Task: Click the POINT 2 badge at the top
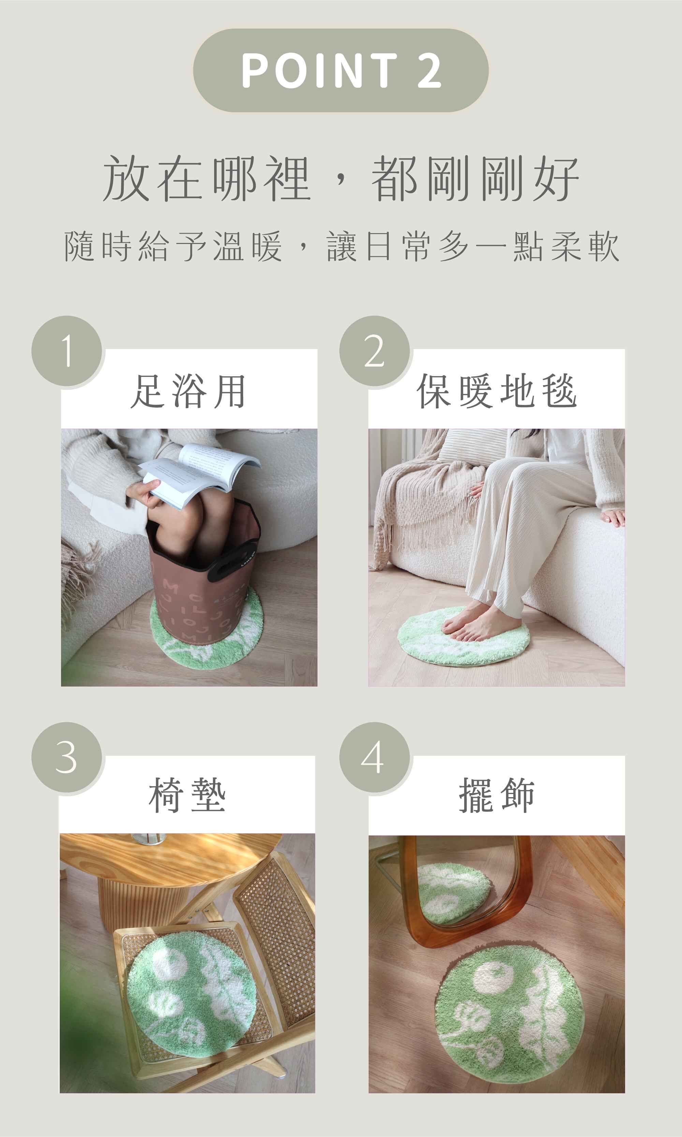point(341,70)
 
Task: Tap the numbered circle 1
point(66,351)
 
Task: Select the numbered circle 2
point(374,351)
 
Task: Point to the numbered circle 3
point(66,757)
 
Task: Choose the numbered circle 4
point(374,757)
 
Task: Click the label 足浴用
point(189,391)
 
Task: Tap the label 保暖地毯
point(497,391)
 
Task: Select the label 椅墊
point(187,796)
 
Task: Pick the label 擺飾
point(497,796)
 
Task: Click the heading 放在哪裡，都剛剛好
point(341,178)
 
